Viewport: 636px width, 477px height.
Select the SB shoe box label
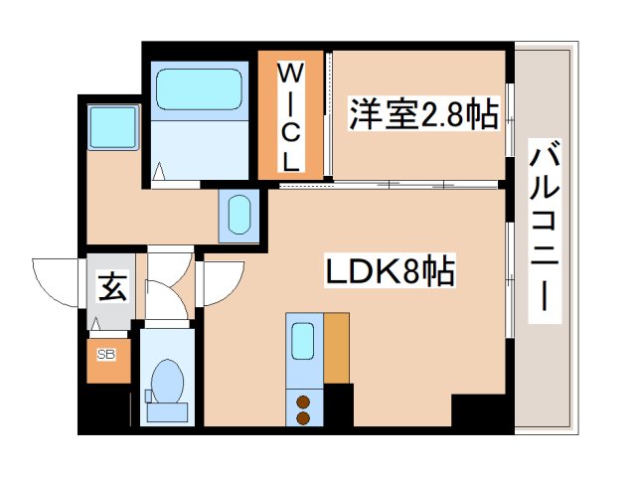(104, 354)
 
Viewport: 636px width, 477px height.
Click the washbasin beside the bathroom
(239, 214)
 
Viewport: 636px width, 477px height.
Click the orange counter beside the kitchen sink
(337, 348)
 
